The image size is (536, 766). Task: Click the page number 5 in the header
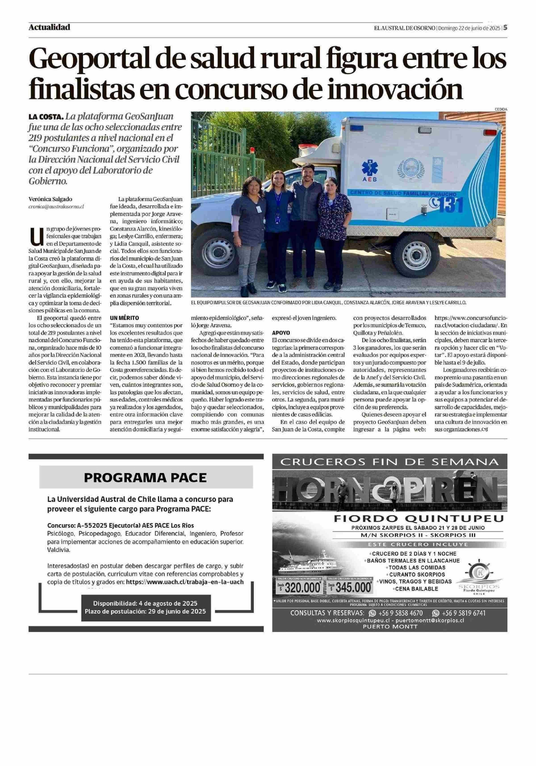point(505,28)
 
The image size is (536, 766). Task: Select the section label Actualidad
point(49,27)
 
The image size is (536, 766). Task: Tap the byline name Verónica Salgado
point(50,199)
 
